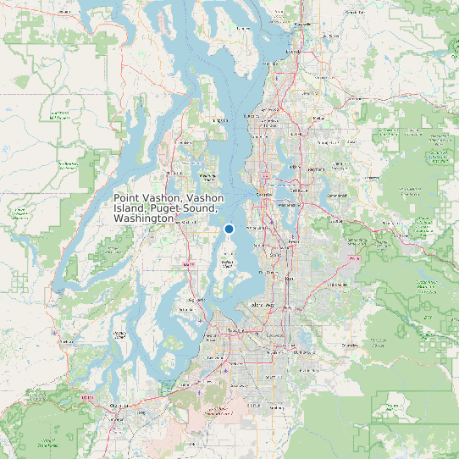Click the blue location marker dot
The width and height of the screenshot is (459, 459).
pyautogui.click(x=229, y=229)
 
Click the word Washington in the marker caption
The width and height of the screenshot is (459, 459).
pyautogui.click(x=144, y=218)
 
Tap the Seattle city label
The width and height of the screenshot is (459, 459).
pyautogui.click(x=265, y=194)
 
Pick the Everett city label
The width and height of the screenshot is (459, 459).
pyautogui.click(x=295, y=52)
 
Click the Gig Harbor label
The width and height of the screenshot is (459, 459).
pyautogui.click(x=196, y=300)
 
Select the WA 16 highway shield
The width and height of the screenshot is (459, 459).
pyautogui.click(x=191, y=265)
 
